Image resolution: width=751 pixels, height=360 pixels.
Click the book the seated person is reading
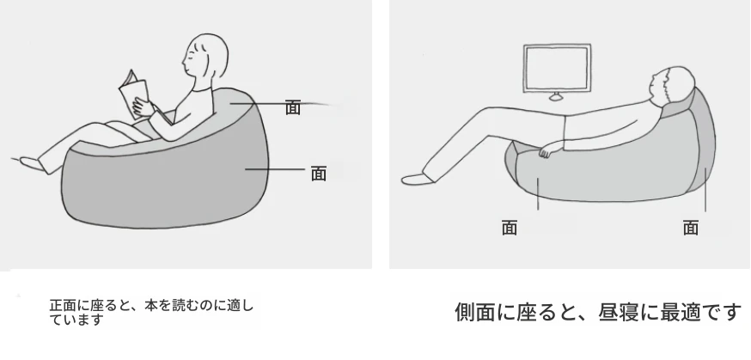tap(134, 95)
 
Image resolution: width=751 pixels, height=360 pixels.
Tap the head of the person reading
tap(206, 57)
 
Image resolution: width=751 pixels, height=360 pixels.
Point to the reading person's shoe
tap(34, 164)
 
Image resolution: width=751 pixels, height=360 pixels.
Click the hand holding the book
tap(143, 107)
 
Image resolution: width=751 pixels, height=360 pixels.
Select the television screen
tap(557, 68)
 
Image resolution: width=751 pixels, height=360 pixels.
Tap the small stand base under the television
tap(556, 98)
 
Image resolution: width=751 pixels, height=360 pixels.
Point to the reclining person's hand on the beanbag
tap(546, 152)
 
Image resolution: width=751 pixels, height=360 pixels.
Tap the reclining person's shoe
tap(418, 180)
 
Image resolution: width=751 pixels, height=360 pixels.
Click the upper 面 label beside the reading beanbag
tap(293, 107)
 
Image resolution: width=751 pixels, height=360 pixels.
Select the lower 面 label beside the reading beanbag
tap(319, 174)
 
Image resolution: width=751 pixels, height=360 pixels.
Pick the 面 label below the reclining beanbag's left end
tap(510, 228)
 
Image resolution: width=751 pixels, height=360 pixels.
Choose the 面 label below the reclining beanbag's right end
tap(691, 228)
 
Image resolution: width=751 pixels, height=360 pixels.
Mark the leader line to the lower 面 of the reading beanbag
tap(275, 169)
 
